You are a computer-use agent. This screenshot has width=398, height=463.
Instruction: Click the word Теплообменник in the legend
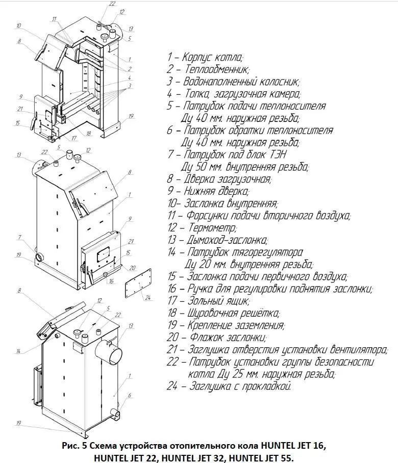point(215,69)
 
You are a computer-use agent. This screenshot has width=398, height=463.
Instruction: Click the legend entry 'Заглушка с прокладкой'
point(240,386)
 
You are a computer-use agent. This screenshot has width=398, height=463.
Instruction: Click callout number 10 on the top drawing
point(18,25)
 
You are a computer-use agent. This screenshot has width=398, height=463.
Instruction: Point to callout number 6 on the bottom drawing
point(130,395)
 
